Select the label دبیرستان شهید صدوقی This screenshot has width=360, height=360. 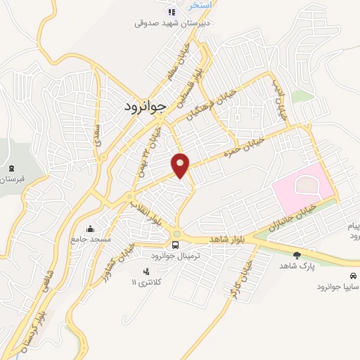pos(169,22)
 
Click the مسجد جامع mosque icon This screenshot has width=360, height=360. pos(89,229)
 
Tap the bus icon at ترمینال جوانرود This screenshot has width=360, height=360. pos(175,245)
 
